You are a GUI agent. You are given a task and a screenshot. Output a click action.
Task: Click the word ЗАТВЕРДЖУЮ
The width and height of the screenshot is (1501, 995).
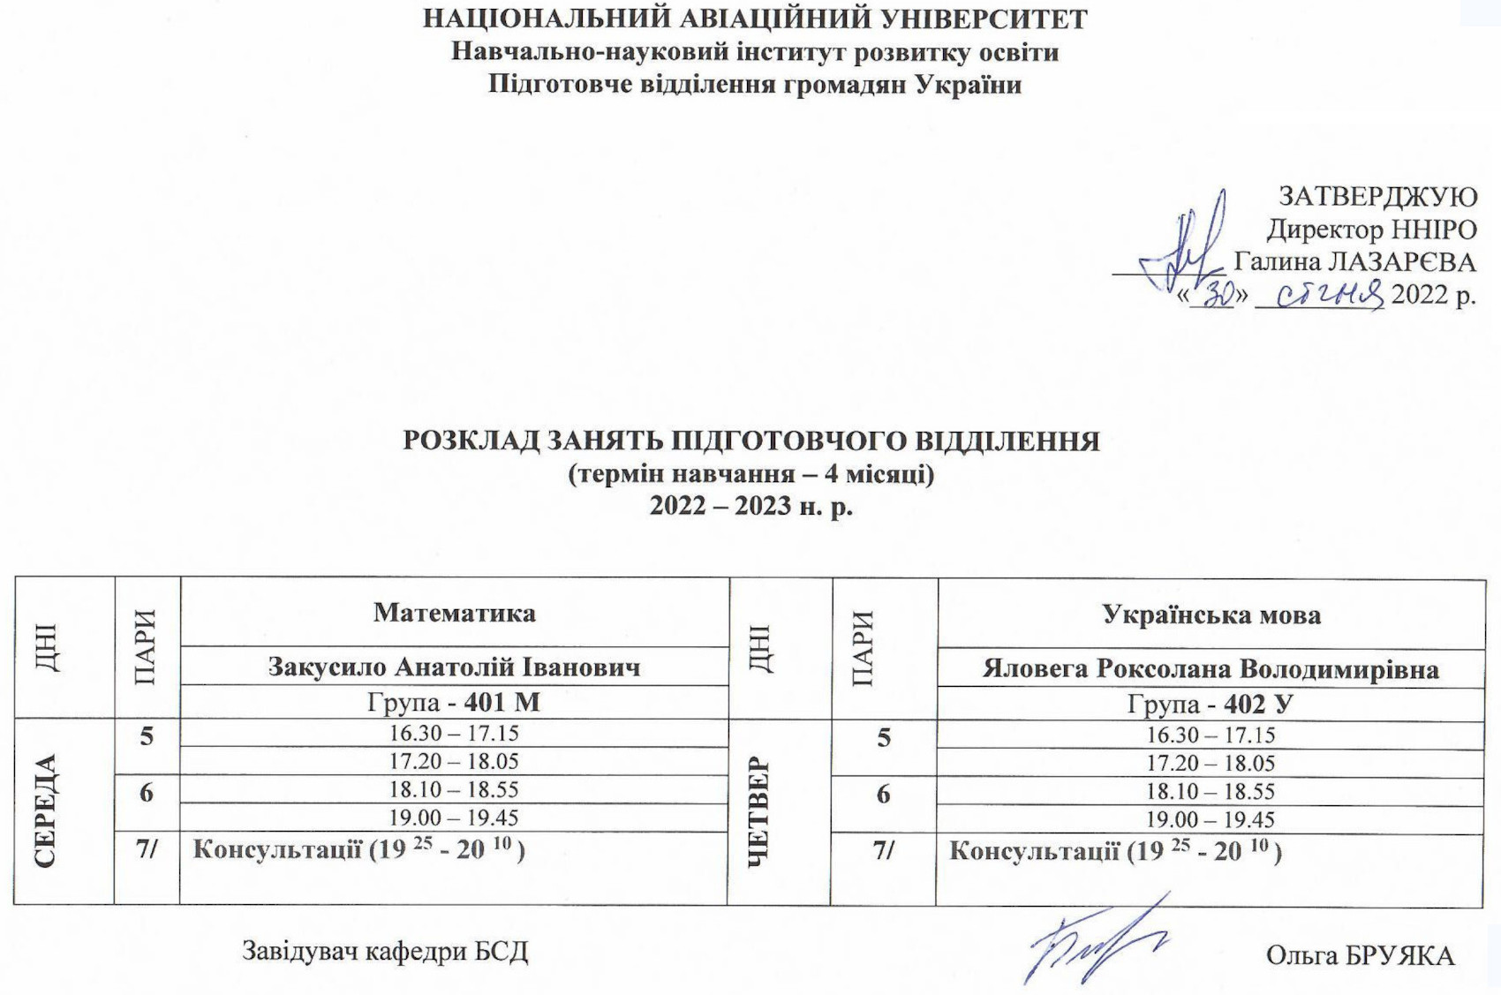click(x=1377, y=196)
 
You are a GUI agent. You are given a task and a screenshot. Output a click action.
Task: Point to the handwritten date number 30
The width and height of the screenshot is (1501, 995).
click(x=1218, y=295)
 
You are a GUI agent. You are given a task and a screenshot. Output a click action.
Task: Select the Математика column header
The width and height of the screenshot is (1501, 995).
click(x=454, y=613)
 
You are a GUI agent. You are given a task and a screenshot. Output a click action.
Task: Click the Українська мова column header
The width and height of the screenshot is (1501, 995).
click(x=1211, y=615)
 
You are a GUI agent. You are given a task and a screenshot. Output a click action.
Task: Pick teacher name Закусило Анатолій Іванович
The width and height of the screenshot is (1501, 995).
click(x=454, y=667)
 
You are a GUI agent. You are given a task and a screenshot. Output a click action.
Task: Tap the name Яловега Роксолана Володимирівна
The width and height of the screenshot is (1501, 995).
click(x=1211, y=669)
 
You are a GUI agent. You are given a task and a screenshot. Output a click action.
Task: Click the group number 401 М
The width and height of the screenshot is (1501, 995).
click(x=502, y=703)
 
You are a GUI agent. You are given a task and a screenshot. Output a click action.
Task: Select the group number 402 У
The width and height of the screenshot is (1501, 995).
click(x=1258, y=705)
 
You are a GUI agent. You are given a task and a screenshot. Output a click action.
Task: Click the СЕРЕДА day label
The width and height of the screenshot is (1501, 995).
click(x=46, y=811)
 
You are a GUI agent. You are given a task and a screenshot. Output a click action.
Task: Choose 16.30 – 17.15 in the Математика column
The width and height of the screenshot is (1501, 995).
click(x=454, y=734)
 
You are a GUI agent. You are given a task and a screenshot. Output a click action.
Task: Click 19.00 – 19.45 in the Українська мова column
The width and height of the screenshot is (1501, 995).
click(x=1211, y=819)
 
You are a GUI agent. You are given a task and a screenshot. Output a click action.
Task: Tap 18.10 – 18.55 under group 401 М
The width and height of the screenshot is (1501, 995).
click(x=454, y=789)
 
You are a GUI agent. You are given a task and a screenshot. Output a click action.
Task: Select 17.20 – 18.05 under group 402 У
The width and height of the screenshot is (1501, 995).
click(x=1211, y=763)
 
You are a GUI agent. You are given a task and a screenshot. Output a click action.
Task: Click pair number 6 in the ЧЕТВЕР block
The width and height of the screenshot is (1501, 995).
click(x=883, y=795)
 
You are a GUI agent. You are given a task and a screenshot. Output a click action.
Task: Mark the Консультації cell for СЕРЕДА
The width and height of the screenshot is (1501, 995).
click(x=358, y=850)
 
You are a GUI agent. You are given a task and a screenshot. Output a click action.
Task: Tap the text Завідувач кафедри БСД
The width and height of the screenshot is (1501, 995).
click(x=385, y=952)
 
